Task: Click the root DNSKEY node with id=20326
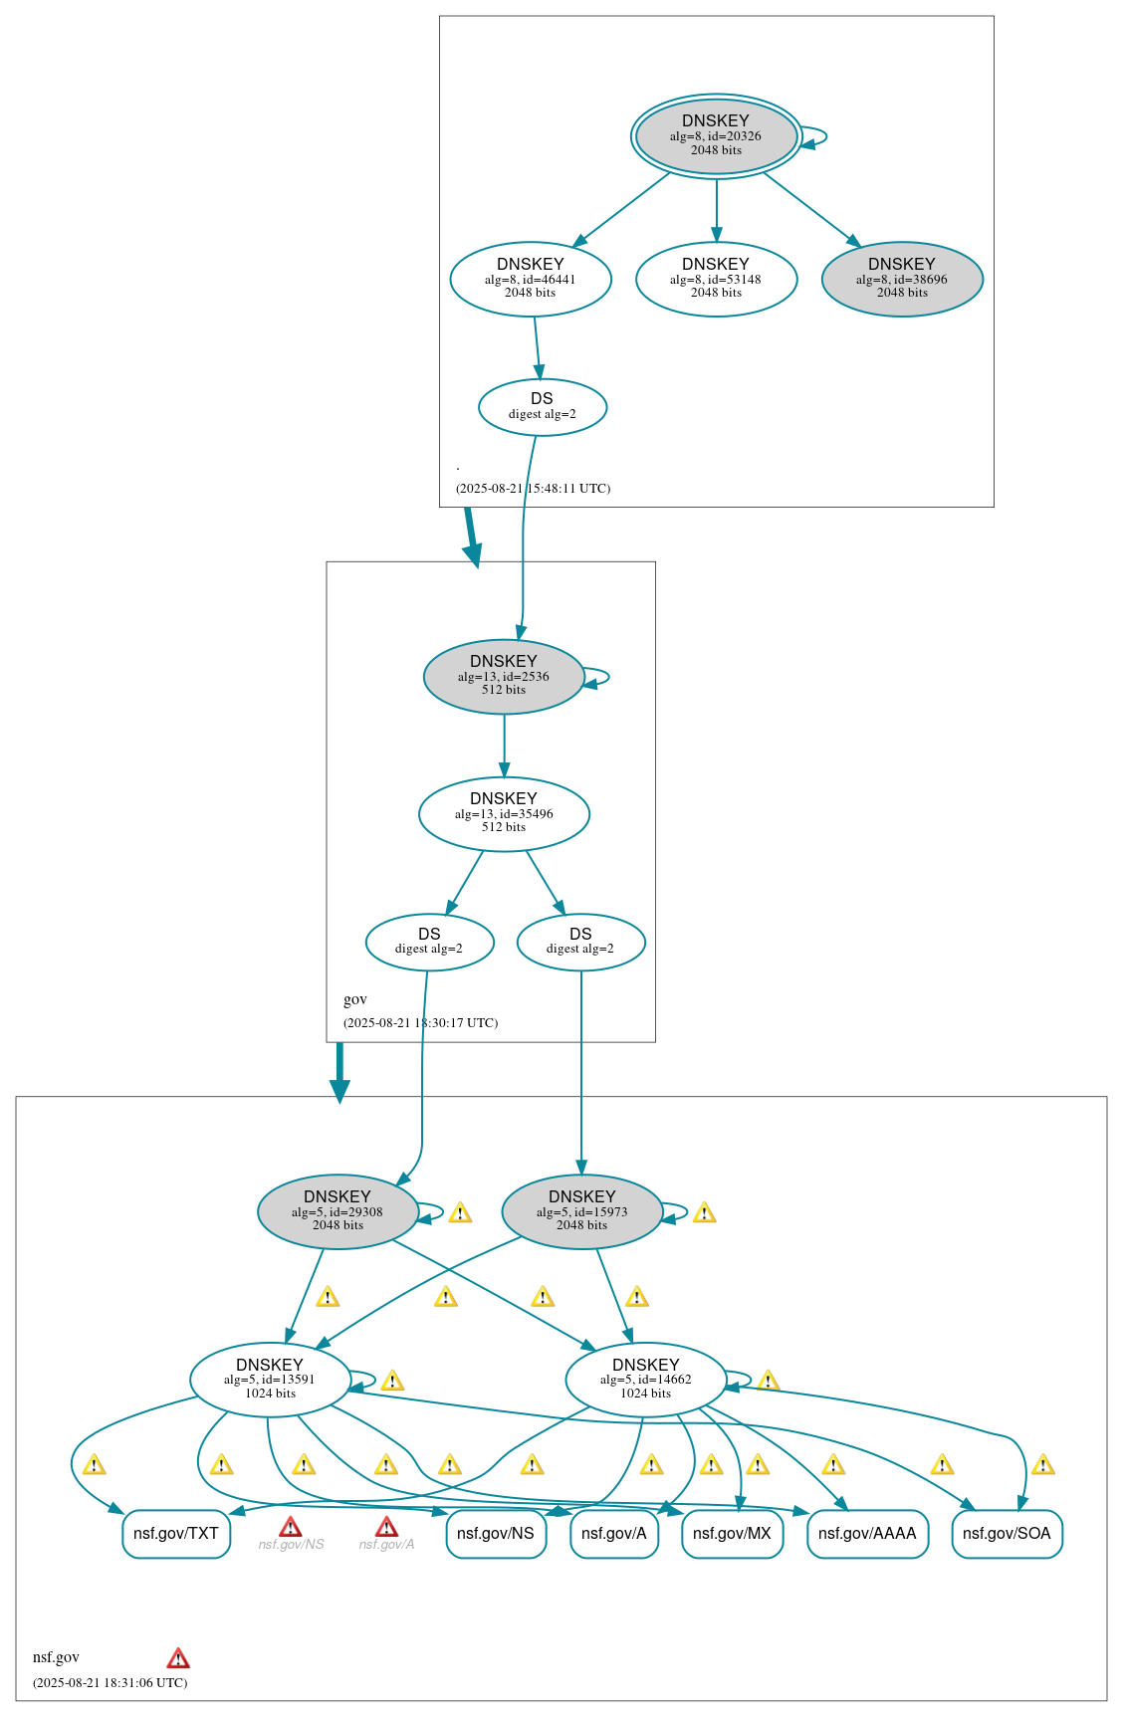[716, 136]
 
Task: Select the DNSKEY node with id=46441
[530, 279]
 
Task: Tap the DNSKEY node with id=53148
[716, 279]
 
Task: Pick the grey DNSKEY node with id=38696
[902, 279]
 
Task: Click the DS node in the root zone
[542, 406]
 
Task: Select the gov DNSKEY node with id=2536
[504, 676]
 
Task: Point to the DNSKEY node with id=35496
[504, 813]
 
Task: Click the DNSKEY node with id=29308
[337, 1211]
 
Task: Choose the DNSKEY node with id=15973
[582, 1211]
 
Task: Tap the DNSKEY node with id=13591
[270, 1380]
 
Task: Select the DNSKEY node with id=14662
[645, 1380]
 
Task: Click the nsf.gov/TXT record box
[176, 1534]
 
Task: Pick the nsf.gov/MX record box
[732, 1534]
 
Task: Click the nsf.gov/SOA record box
[1007, 1534]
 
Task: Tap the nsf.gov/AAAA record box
[867, 1534]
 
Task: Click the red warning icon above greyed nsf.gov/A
[386, 1527]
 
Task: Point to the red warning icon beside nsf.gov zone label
[178, 1657]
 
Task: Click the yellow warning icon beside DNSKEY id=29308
[460, 1212]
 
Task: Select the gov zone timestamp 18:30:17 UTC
[420, 1023]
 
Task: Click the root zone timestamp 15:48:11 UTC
[533, 489]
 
